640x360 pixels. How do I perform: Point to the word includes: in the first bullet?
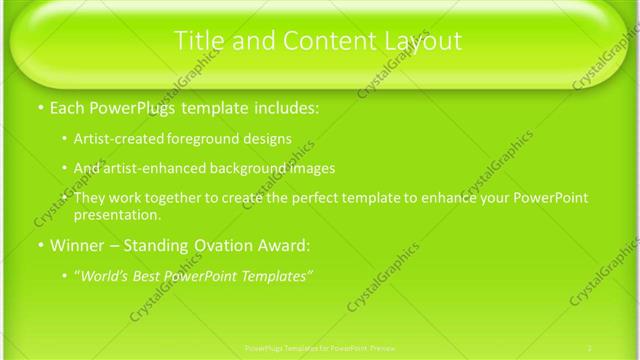(x=283, y=106)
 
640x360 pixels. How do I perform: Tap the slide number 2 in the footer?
(x=590, y=346)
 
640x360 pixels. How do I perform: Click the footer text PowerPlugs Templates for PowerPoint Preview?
(x=319, y=346)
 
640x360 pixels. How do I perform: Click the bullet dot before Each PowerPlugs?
(x=39, y=107)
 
